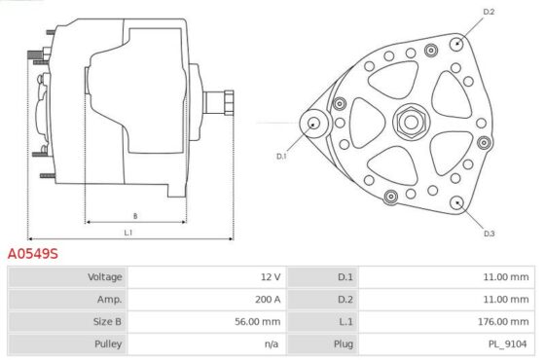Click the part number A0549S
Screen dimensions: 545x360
click(33, 254)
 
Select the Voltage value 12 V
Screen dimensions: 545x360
click(271, 277)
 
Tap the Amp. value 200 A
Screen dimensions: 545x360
click(268, 300)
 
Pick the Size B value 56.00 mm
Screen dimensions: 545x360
click(258, 321)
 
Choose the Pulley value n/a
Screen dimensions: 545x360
click(272, 344)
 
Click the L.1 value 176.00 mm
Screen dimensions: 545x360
click(503, 321)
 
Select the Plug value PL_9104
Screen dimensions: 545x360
click(507, 344)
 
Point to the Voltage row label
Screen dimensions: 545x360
click(105, 277)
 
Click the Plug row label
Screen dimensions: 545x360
click(344, 344)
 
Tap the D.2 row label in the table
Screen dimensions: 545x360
click(345, 300)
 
